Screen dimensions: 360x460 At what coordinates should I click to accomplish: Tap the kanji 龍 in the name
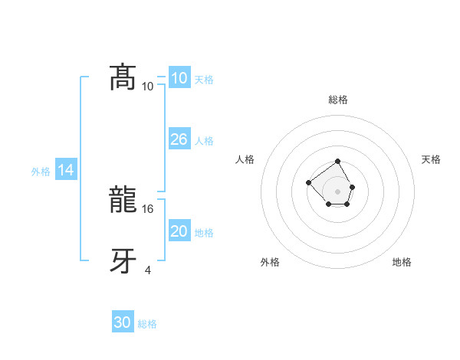tap(123, 201)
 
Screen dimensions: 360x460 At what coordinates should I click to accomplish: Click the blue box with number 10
tap(179, 78)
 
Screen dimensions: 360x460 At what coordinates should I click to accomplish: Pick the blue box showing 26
tap(179, 139)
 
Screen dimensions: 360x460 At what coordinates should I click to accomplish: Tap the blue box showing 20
tap(179, 231)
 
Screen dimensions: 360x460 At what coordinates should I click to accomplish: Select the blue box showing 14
tap(66, 171)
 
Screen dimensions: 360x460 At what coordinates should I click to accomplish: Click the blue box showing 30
tap(123, 323)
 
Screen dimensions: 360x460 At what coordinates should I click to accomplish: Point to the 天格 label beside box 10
tap(204, 79)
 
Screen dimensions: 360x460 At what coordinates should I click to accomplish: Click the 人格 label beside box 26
tap(204, 140)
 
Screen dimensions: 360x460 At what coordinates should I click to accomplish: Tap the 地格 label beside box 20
tap(204, 232)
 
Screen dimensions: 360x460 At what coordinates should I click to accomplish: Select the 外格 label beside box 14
tap(41, 172)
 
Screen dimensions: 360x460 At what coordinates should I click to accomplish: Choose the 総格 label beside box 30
tap(147, 324)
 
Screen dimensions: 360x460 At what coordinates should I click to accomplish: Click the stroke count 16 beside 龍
tap(149, 208)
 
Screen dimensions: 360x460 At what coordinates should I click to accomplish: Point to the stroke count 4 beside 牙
tap(148, 270)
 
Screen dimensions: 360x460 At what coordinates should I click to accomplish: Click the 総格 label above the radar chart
tap(338, 100)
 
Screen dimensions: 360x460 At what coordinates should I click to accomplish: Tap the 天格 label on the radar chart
tap(431, 159)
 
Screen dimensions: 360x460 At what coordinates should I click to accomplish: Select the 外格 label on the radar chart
tap(270, 262)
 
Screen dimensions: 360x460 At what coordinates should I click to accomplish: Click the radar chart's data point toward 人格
tap(308, 182)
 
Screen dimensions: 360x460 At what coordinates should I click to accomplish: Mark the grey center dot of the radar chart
tap(338, 191)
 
